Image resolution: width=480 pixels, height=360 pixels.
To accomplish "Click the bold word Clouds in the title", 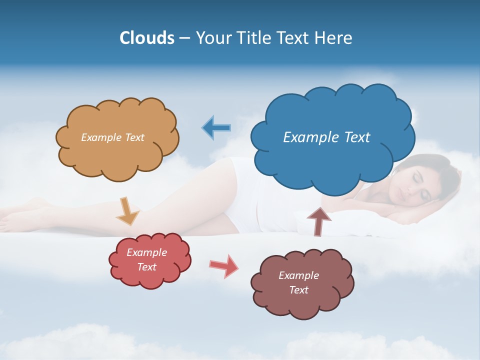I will click(x=147, y=38).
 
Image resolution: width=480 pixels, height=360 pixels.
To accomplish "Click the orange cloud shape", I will click(x=117, y=150).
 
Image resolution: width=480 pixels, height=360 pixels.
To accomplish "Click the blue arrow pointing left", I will click(x=216, y=127).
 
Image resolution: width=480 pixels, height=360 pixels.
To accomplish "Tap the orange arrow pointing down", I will click(x=127, y=210).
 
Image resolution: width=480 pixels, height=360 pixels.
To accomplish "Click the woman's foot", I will click(x=15, y=217).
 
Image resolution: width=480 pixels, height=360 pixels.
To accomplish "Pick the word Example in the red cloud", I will click(x=146, y=252).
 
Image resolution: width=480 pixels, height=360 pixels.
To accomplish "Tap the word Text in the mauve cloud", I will click(x=298, y=290).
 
